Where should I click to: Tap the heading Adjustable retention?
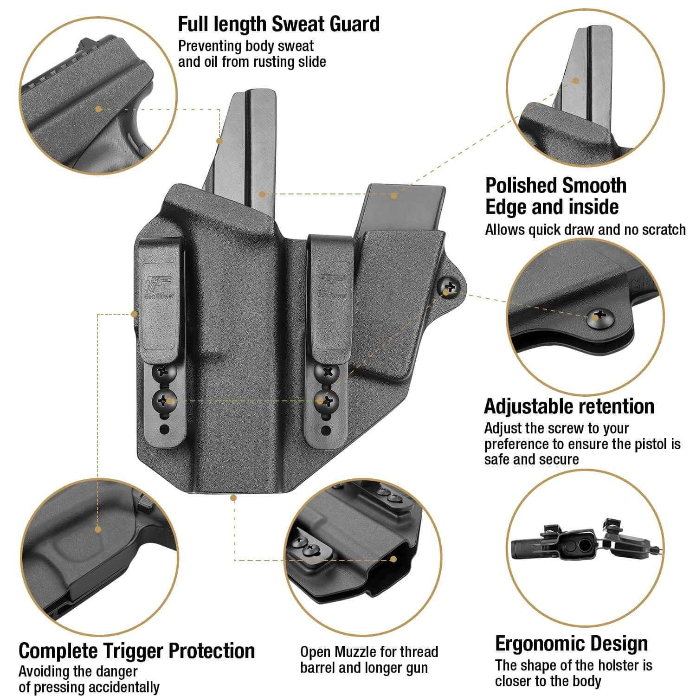[569, 406]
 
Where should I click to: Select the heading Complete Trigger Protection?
[137, 651]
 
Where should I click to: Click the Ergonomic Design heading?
[571, 644]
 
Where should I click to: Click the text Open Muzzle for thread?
[369, 652]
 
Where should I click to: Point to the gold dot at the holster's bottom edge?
[234, 498]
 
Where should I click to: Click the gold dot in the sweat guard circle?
[98, 109]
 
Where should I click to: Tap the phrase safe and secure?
[531, 459]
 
